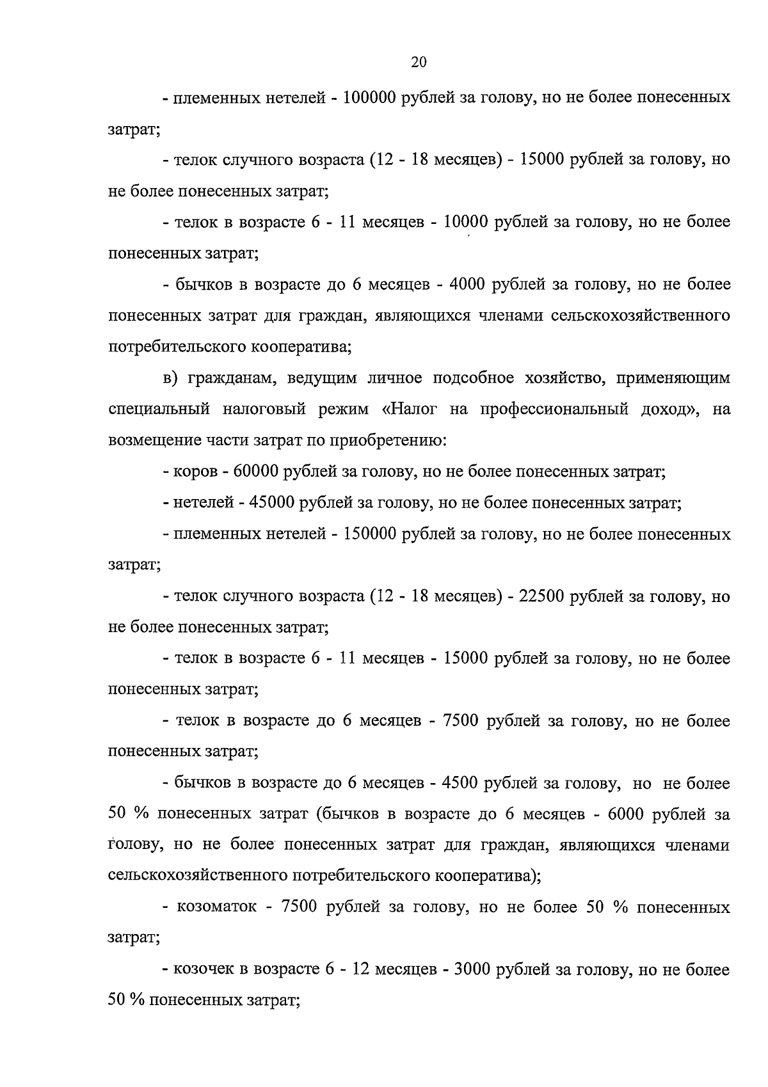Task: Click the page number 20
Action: [x=418, y=62]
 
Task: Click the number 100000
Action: [x=370, y=98]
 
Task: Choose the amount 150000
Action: [x=370, y=534]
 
